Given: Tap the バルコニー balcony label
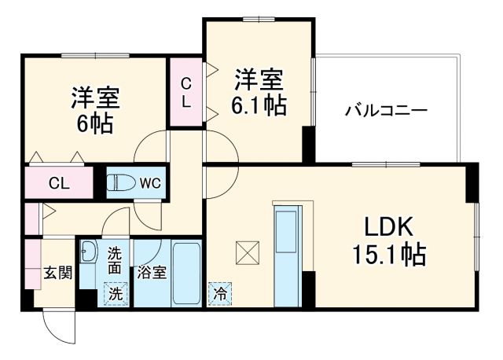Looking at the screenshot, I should [385, 111].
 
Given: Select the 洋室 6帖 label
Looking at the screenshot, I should [95, 110].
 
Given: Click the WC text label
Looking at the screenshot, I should [150, 184].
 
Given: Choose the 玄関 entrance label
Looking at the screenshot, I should [57, 273].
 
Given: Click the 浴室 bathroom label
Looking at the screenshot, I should [151, 273].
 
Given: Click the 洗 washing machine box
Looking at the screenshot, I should [115, 295].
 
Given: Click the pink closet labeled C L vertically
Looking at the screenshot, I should [186, 92].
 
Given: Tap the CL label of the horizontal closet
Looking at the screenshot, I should [57, 185].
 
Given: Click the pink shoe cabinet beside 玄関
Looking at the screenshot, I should [32, 263].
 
